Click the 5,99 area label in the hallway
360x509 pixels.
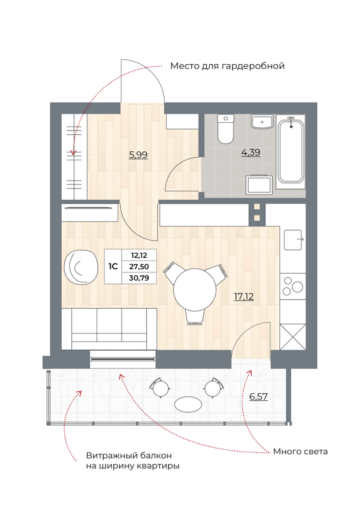138,154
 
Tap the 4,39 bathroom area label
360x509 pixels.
250,152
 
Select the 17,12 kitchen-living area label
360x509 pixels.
244,296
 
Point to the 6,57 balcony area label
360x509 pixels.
259,396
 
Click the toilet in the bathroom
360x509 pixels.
226,129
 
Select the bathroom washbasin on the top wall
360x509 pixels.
262,122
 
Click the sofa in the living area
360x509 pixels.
110,328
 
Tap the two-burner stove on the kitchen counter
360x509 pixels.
293,284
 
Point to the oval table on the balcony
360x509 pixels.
188,404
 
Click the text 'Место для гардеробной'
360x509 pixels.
226,66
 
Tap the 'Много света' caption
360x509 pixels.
300,452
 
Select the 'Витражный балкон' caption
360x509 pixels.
129,456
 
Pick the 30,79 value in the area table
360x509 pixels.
139,278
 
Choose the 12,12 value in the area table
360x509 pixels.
139,254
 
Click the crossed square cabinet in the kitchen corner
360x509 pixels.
293,336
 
